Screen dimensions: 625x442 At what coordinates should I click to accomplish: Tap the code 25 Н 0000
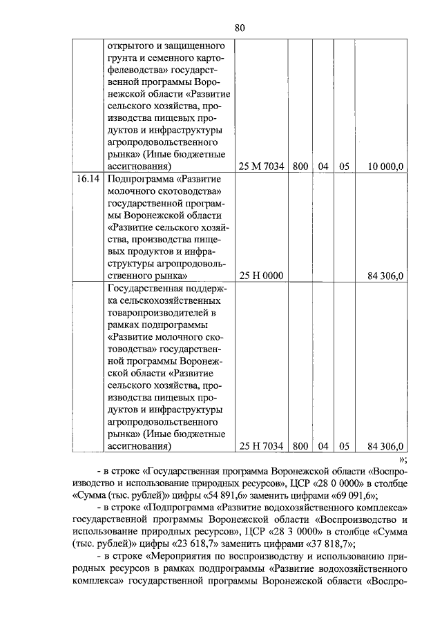point(261,276)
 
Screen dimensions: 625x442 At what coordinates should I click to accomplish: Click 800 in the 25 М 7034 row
point(300,166)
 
